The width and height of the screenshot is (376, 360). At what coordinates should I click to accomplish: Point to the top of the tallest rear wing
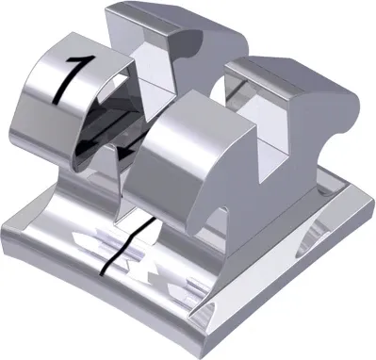click(x=155, y=19)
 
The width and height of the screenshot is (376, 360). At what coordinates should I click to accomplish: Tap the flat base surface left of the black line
click(x=66, y=236)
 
